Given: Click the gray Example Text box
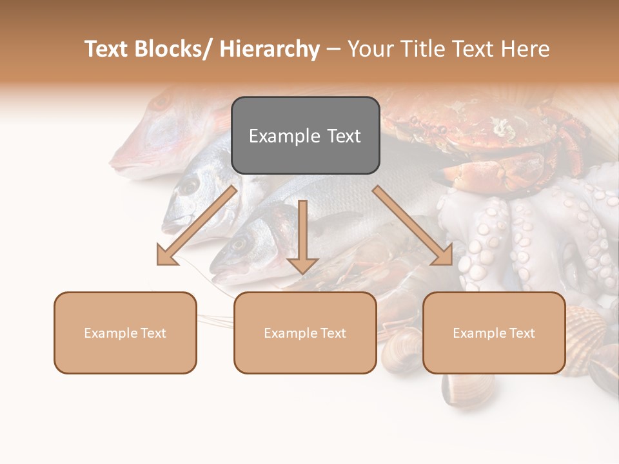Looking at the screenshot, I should tap(305, 135).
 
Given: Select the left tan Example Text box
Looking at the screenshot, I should tap(125, 333).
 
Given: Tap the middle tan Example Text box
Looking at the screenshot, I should tap(305, 333).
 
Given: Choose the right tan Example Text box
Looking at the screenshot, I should tap(494, 333).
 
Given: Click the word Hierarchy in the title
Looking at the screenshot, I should tap(270, 49).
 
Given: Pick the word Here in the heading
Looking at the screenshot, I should tap(523, 49).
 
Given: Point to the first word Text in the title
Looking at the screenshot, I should tap(106, 49).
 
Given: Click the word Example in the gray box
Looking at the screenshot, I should tap(279, 136).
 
